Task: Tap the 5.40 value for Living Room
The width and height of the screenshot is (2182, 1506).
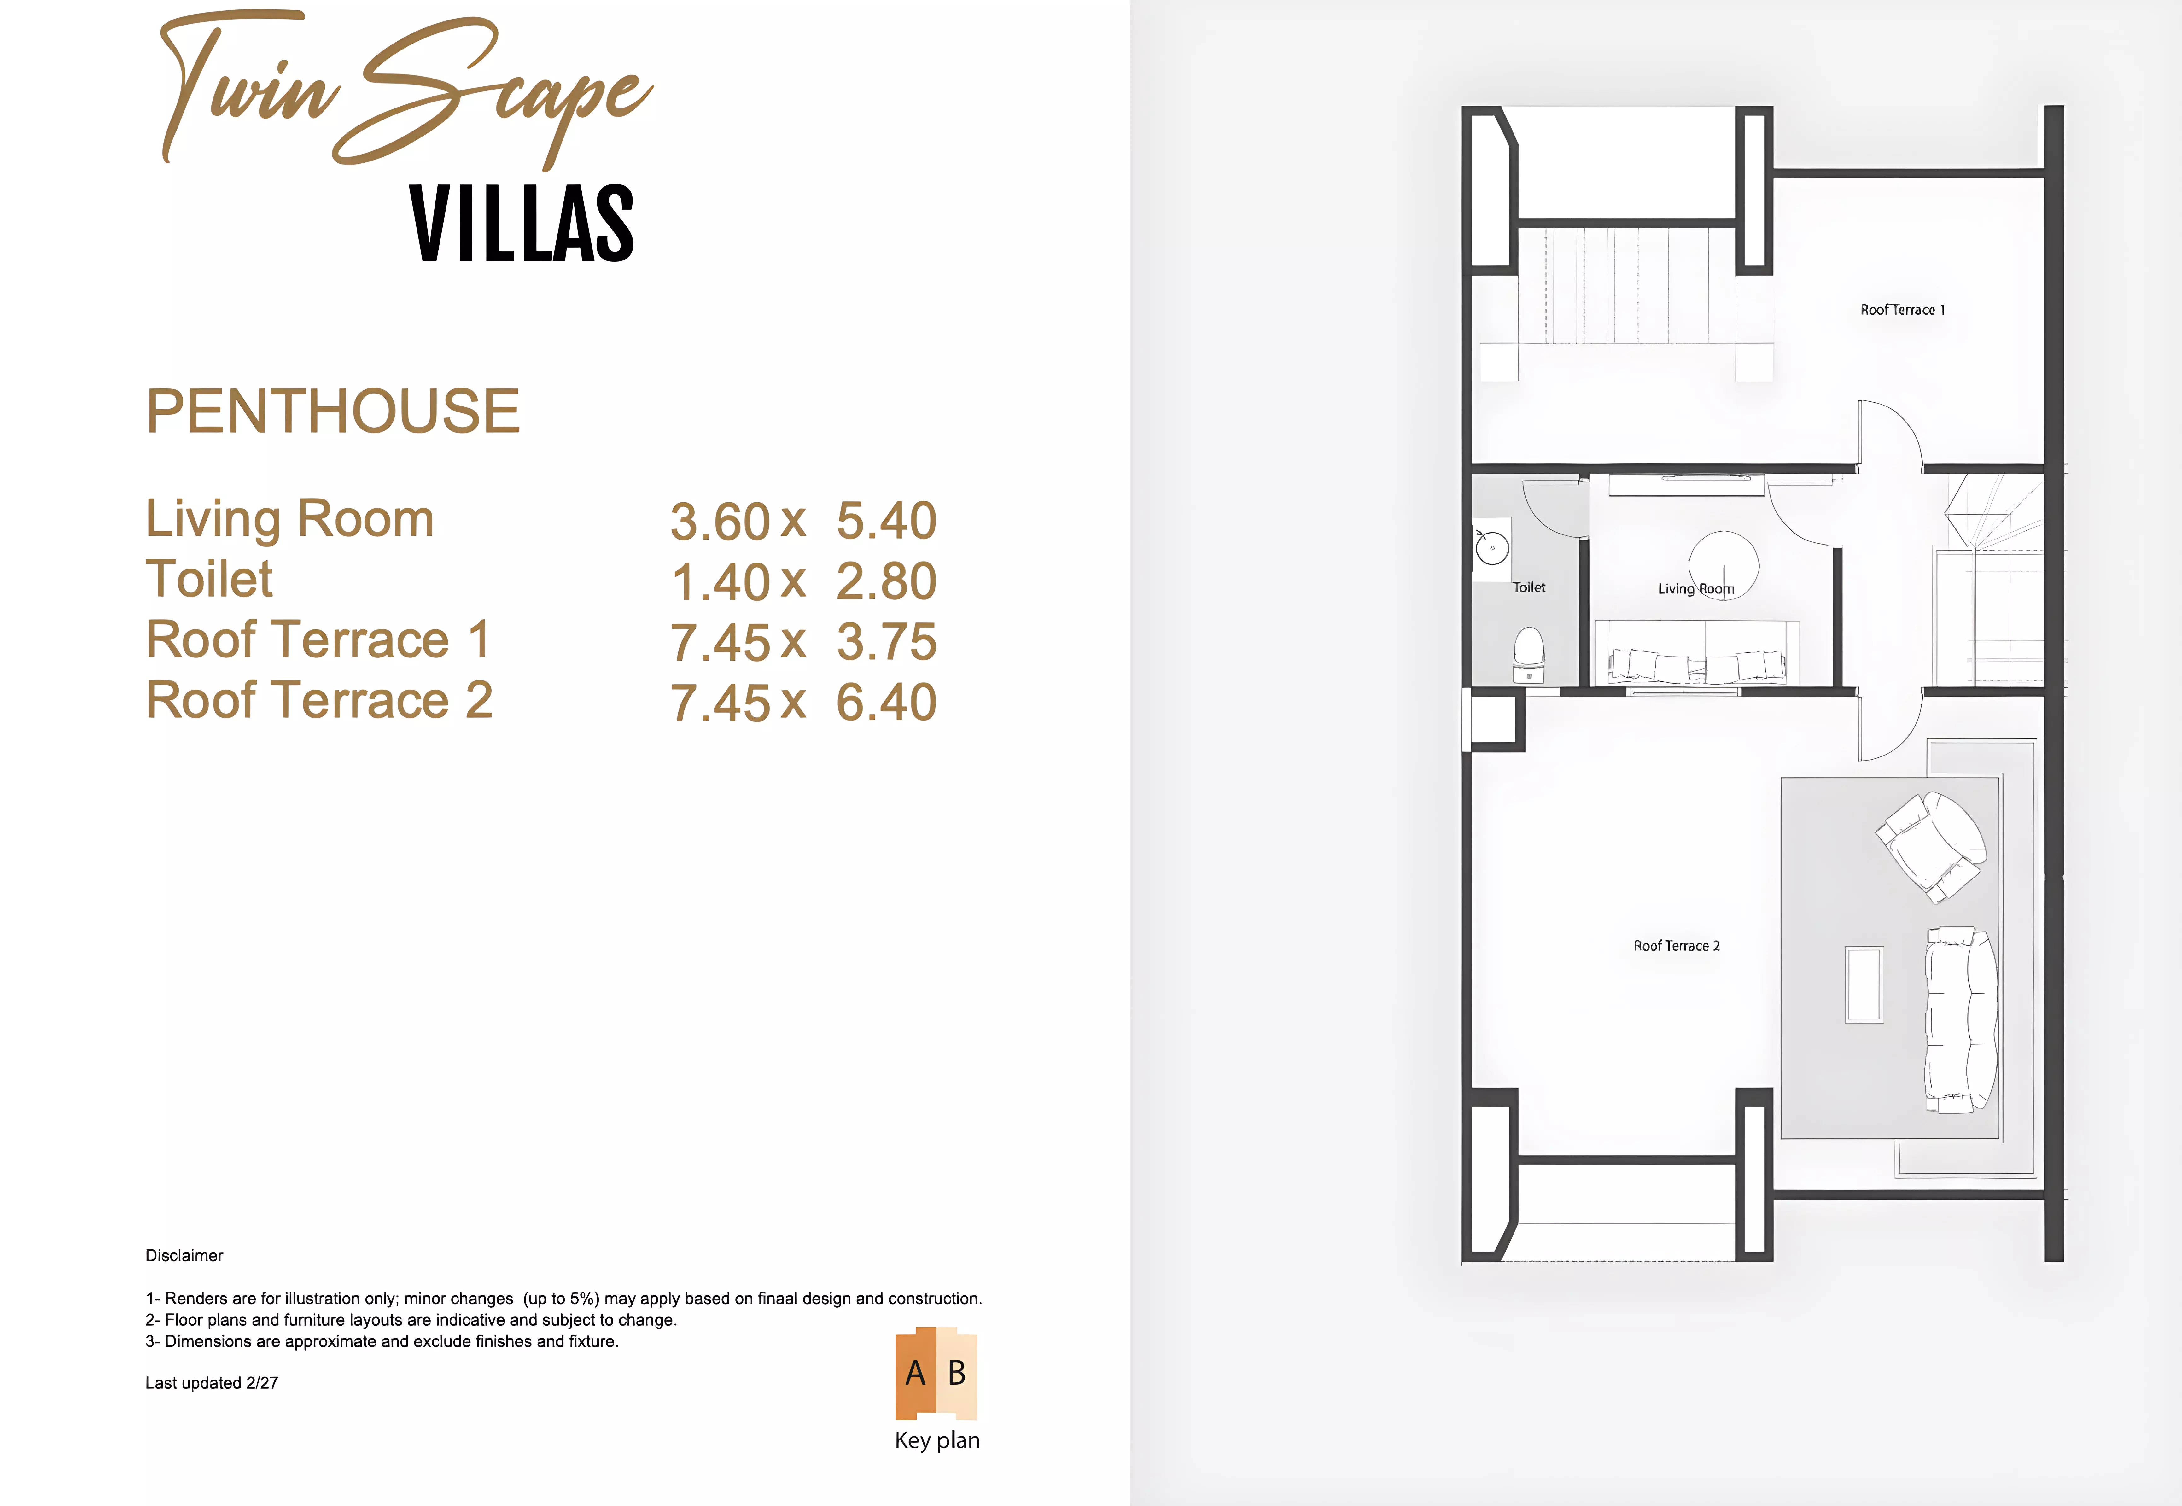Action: (x=887, y=521)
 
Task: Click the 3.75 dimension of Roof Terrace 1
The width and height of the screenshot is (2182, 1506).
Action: (x=887, y=642)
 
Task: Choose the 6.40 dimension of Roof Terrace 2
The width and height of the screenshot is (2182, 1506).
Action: (x=887, y=702)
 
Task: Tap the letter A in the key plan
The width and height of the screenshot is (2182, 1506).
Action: (x=915, y=1373)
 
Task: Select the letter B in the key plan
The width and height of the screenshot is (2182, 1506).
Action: (x=957, y=1373)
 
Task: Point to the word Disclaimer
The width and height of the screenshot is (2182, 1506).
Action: (x=184, y=1256)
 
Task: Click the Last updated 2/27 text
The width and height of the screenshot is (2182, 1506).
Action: (x=211, y=1383)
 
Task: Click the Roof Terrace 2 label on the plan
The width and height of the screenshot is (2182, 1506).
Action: (x=1676, y=945)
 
